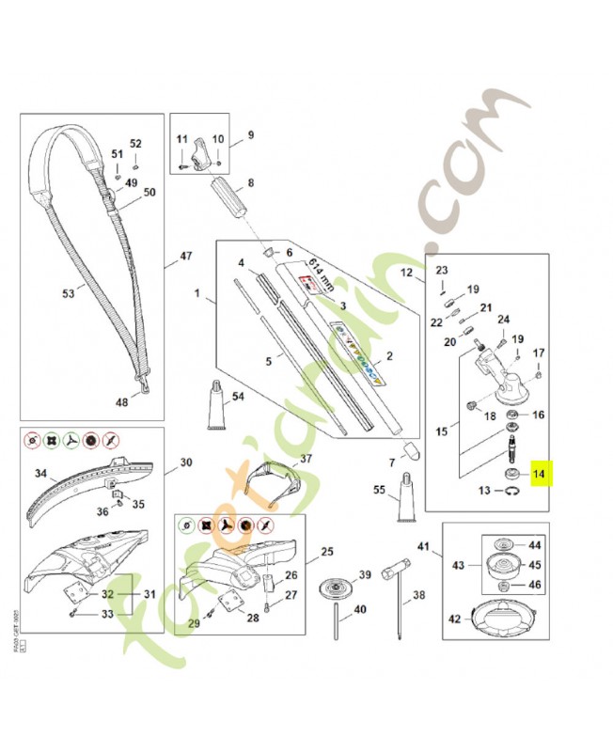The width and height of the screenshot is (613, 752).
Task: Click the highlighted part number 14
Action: pos(539,474)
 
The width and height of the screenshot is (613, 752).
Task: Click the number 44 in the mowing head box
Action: pos(535,545)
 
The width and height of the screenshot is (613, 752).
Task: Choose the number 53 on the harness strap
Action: pos(68,293)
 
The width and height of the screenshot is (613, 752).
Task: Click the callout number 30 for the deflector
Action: pos(185,462)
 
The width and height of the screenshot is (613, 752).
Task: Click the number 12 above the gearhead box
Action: pos(407,274)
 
